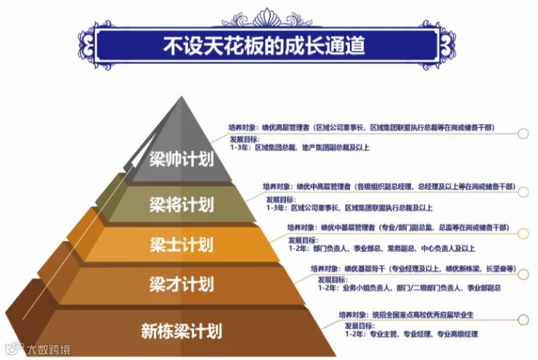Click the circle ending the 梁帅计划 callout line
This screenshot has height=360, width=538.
[x=523, y=133]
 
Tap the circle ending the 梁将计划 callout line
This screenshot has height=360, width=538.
[x=523, y=191]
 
